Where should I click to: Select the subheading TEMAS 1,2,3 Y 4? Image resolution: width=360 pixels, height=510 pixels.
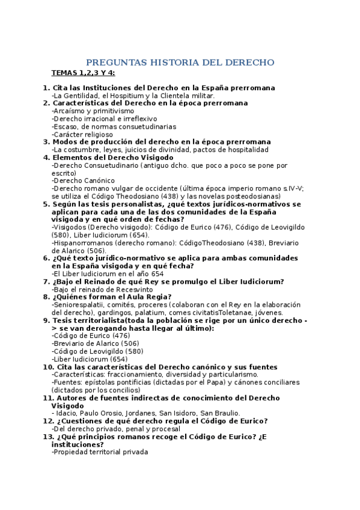(x=83, y=73)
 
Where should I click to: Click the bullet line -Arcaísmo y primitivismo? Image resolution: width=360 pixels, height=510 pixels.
(x=93, y=111)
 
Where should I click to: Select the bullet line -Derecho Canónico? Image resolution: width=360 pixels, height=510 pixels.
(x=83, y=180)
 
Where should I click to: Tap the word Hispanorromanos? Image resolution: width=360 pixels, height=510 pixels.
(x=84, y=242)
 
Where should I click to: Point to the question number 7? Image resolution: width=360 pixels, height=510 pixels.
(x=46, y=281)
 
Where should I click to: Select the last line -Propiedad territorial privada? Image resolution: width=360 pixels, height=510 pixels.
(x=100, y=452)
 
